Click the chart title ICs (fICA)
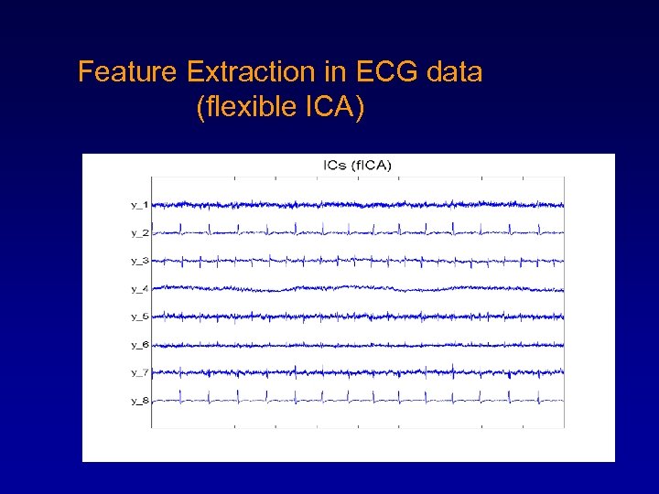pos(357,166)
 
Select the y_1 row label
pos(139,204)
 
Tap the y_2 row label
pos(139,232)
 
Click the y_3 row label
pos(139,261)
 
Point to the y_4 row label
pos(139,288)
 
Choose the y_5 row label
pos(139,317)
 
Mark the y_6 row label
pos(139,344)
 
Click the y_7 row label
pos(139,372)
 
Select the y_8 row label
pos(139,400)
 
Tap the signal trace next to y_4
pos(357,288)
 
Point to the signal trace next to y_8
pos(357,400)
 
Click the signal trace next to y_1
pos(357,204)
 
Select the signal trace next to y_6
pos(357,344)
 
